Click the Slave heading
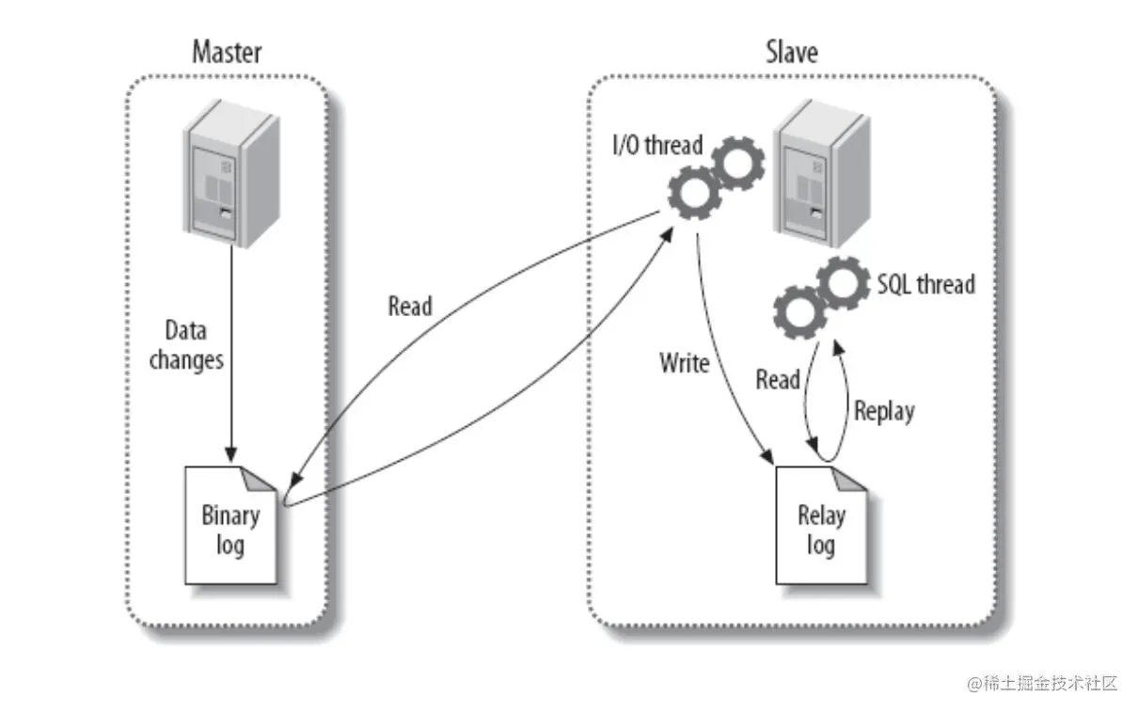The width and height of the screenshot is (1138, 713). [x=791, y=51]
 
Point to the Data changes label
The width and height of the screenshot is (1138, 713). [x=185, y=345]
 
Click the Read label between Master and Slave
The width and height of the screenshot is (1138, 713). [x=410, y=307]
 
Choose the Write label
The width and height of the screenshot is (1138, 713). [x=684, y=363]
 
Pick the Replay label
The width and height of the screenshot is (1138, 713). [x=883, y=410]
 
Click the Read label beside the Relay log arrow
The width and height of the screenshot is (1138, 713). [x=777, y=380]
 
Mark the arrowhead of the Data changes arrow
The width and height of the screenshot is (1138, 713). [x=229, y=455]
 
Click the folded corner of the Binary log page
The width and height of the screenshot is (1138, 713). [x=263, y=479]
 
